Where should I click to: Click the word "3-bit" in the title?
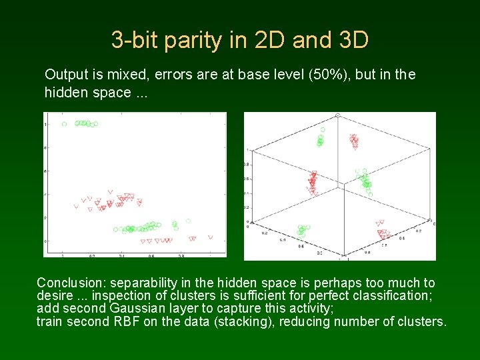pos(135,41)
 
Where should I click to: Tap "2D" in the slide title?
pos(270,41)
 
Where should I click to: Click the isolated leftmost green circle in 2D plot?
pos(64,123)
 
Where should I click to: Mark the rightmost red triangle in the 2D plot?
pos(211,237)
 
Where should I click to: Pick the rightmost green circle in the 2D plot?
pos(189,221)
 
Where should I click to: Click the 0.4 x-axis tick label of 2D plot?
pos(121,255)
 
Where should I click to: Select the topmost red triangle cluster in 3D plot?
pos(354,141)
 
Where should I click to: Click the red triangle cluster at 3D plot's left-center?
pos(312,181)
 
